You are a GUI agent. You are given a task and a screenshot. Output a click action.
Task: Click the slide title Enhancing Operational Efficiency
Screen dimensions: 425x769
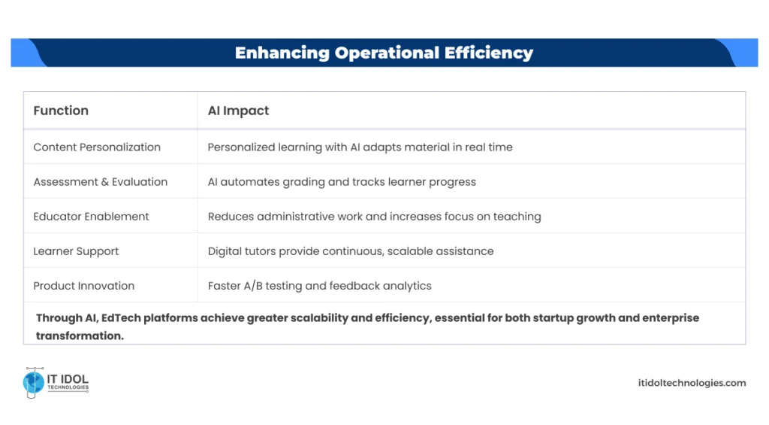384,53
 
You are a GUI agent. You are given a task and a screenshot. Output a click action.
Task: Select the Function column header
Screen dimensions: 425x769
61,111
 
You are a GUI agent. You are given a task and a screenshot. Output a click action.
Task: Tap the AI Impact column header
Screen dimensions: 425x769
238,111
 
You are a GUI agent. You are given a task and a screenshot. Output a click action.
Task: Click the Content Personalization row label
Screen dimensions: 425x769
97,147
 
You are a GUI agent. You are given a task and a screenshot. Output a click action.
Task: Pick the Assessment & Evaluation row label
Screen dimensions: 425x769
100,182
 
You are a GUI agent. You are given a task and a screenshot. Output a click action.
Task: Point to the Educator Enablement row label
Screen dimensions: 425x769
91,217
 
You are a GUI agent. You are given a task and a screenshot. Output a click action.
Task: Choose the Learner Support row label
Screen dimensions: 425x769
76,251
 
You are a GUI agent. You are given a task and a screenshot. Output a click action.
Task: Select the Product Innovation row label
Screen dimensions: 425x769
83,286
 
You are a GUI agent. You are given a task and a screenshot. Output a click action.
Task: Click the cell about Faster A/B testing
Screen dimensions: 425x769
319,286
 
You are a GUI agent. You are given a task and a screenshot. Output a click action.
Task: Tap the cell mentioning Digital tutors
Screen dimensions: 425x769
350,251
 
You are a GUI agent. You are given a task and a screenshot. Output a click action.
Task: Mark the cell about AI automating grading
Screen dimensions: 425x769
341,182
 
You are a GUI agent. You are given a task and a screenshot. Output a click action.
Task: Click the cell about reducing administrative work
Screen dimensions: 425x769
374,217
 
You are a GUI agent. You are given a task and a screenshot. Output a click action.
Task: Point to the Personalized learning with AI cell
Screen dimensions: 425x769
360,147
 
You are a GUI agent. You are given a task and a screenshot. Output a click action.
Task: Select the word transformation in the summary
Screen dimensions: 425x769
80,335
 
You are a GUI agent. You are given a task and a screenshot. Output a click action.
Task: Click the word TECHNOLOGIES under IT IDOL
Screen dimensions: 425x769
68,388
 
